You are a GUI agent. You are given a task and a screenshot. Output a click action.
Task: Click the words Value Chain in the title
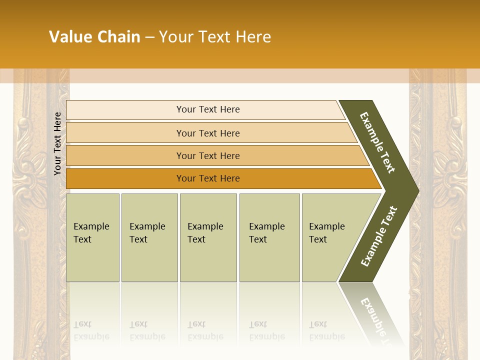[x=94, y=37]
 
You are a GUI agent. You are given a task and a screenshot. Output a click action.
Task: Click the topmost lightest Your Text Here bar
[x=208, y=109]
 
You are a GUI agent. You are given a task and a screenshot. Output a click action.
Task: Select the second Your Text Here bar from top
[x=208, y=133]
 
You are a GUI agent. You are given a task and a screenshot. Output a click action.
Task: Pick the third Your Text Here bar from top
[x=208, y=155]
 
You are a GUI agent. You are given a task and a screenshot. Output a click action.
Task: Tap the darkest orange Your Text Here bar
[x=208, y=178]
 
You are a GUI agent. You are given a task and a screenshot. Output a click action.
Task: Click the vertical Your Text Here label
[x=57, y=143]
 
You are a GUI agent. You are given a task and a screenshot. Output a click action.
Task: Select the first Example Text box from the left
[x=92, y=237]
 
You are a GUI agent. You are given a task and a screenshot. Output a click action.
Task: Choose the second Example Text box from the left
[x=149, y=237]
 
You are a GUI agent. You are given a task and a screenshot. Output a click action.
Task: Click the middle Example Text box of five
[x=208, y=237]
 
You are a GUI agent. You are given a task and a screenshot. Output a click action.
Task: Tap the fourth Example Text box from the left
[x=269, y=237]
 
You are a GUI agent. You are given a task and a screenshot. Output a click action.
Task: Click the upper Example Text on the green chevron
[x=378, y=143]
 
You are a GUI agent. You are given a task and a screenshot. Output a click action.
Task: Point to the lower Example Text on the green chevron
[x=379, y=236]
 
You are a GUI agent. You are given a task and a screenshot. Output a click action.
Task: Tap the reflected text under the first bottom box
[x=91, y=330]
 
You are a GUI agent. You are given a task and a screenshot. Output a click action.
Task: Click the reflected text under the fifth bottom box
[x=326, y=330]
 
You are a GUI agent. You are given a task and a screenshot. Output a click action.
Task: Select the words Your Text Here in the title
[x=215, y=37]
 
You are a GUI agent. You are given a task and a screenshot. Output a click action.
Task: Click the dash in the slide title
[x=149, y=37]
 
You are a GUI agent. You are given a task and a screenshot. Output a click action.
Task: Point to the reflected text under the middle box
[x=205, y=330]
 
